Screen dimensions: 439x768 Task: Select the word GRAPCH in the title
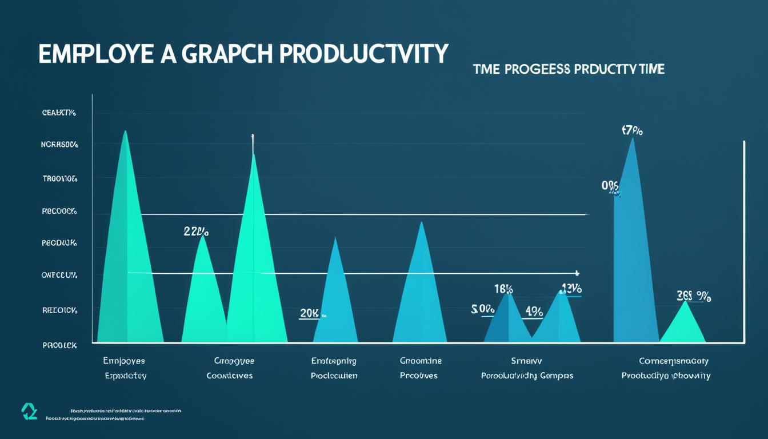(227, 54)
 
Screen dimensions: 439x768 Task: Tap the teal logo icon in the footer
(29, 411)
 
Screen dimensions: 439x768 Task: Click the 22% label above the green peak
(196, 232)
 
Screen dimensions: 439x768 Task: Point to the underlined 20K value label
(309, 313)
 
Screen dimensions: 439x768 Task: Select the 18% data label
(503, 289)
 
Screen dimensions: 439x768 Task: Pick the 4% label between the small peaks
(534, 312)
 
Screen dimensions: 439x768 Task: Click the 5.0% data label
(482, 309)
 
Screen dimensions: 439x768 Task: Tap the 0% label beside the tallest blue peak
(610, 186)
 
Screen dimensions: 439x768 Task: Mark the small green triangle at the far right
(683, 326)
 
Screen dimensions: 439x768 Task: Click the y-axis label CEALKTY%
(59, 113)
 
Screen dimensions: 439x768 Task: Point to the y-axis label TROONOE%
(59, 178)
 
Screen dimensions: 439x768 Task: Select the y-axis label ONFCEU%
(59, 275)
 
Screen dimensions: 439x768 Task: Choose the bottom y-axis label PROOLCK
(59, 345)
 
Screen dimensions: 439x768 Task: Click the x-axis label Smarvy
(526, 361)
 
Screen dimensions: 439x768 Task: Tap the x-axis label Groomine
(421, 361)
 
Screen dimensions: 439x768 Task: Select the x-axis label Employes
(124, 361)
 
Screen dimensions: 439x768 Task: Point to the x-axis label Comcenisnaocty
(673, 361)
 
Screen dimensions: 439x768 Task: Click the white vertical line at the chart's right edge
(744, 240)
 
